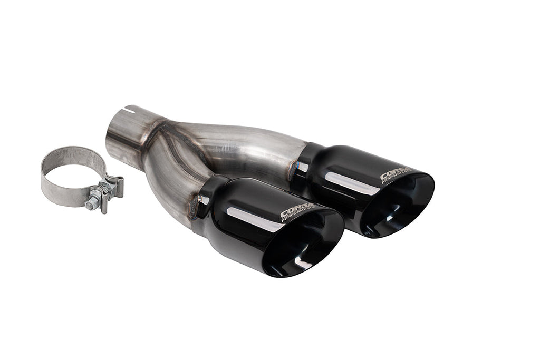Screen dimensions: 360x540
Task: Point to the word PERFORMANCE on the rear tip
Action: point(398,178)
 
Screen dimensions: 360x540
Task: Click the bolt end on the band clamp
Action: point(91,203)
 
